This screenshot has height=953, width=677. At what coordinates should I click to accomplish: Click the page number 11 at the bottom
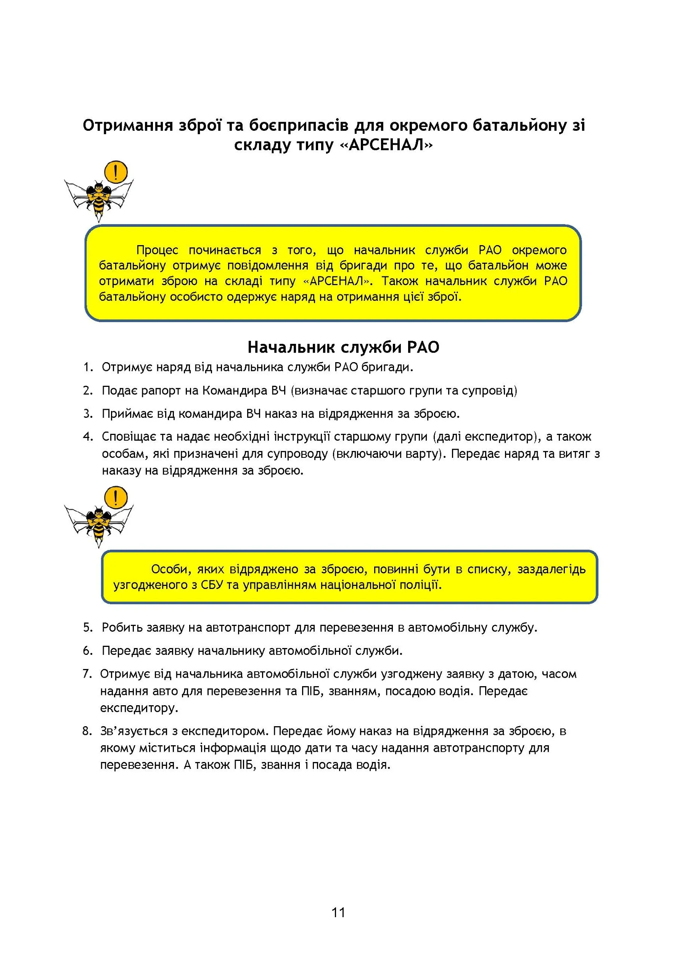click(338, 912)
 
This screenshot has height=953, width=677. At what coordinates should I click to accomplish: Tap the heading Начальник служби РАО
click(343, 347)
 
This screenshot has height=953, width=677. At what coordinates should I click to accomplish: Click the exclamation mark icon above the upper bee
click(116, 172)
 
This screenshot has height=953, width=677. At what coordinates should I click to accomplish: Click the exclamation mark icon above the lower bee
click(116, 497)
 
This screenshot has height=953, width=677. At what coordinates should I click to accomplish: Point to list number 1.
click(88, 367)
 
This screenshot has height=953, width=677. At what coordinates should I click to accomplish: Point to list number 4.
click(88, 436)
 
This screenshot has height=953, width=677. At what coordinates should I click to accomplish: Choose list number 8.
click(87, 731)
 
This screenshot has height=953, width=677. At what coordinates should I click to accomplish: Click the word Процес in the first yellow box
click(157, 250)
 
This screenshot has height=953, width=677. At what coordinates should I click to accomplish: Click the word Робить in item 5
click(122, 627)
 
